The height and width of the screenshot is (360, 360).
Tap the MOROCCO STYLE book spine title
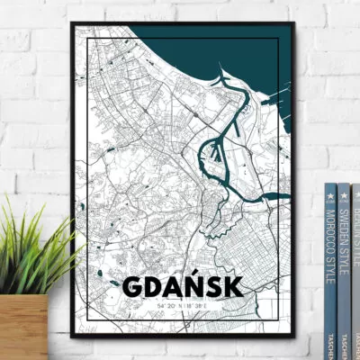click(330, 243)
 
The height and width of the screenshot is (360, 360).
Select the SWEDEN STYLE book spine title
click(344, 243)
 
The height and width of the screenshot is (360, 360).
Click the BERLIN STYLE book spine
click(355, 243)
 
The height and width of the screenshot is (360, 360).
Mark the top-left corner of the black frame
click(72, 21)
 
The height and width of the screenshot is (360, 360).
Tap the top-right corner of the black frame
click(294, 21)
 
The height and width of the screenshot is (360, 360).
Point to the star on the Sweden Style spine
click(344, 194)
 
